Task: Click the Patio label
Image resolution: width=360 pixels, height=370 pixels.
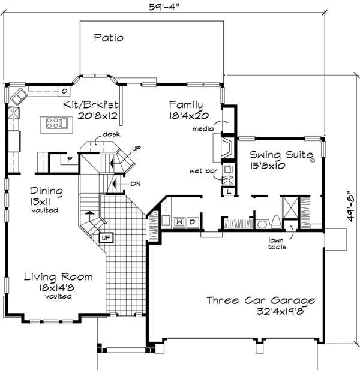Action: point(109,38)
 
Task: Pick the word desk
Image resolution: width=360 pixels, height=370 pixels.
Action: point(109,134)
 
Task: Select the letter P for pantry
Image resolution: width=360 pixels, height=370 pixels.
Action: point(70,159)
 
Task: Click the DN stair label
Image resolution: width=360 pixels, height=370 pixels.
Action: point(135,184)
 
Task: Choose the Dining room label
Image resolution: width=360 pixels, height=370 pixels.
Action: point(46,191)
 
